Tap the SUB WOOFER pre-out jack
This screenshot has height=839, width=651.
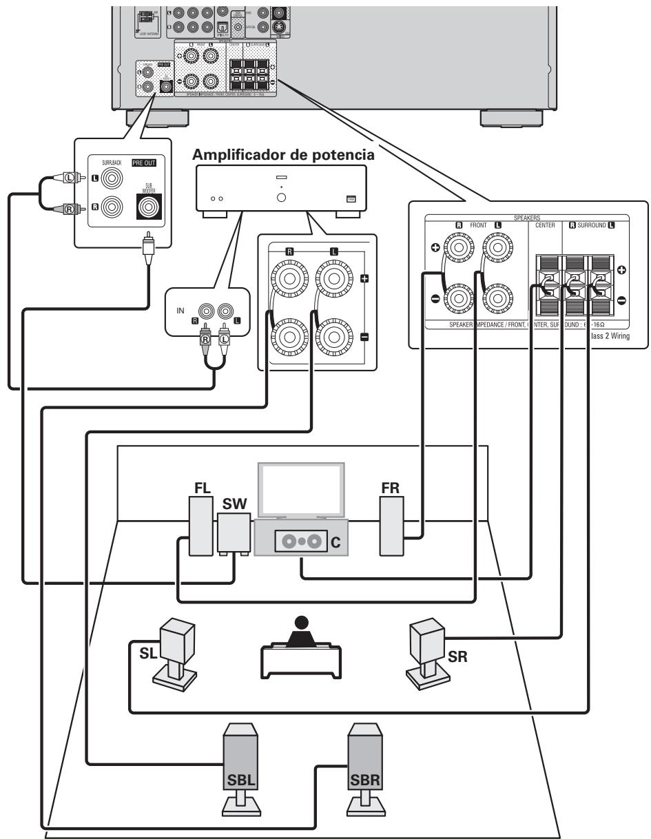click(x=149, y=207)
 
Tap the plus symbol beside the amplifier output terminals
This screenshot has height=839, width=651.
click(x=364, y=279)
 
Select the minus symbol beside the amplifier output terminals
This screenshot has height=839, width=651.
click(x=364, y=337)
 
